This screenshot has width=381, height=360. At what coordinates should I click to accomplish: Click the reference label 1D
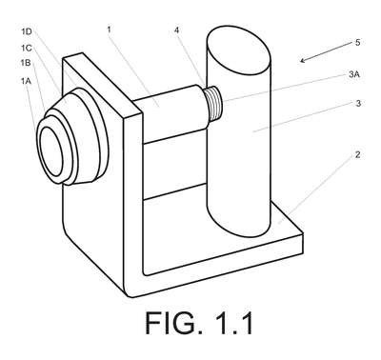(x=27, y=31)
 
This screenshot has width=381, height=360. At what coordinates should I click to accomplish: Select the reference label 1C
(x=27, y=48)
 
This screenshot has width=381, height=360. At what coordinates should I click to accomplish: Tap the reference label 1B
(x=26, y=63)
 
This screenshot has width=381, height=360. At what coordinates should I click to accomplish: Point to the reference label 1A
(x=27, y=81)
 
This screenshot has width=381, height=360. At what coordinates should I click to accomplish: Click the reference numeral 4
(x=177, y=30)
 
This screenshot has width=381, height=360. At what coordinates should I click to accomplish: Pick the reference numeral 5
(x=357, y=43)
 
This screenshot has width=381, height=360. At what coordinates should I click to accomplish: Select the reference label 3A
(x=354, y=75)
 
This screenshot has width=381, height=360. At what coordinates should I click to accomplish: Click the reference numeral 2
(x=358, y=154)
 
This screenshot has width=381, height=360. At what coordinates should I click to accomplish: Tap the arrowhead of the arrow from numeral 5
(x=303, y=60)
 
